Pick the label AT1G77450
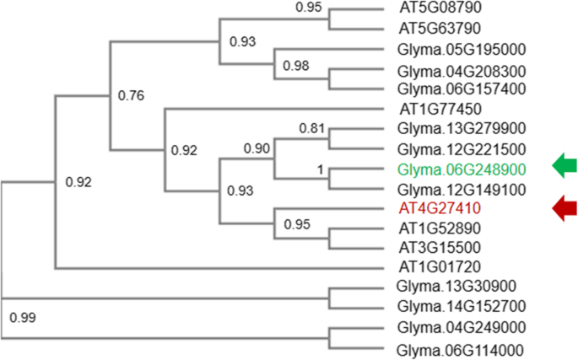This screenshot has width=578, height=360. tap(429, 108)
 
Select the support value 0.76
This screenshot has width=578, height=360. tap(131, 95)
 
